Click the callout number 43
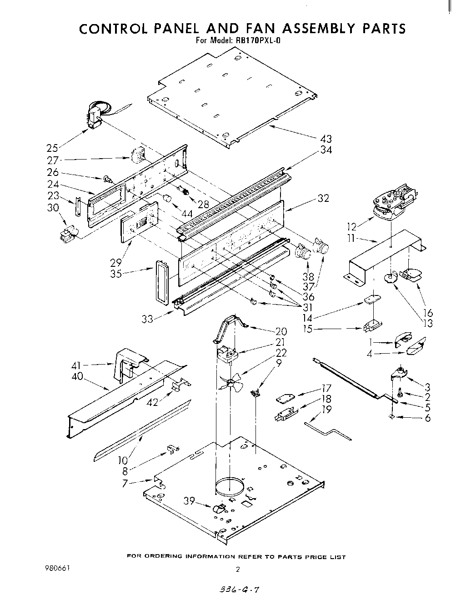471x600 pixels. point(326,139)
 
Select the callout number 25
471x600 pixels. point(52,148)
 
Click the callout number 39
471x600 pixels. point(189,501)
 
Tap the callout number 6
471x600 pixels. point(427,418)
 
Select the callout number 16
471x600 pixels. point(427,313)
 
